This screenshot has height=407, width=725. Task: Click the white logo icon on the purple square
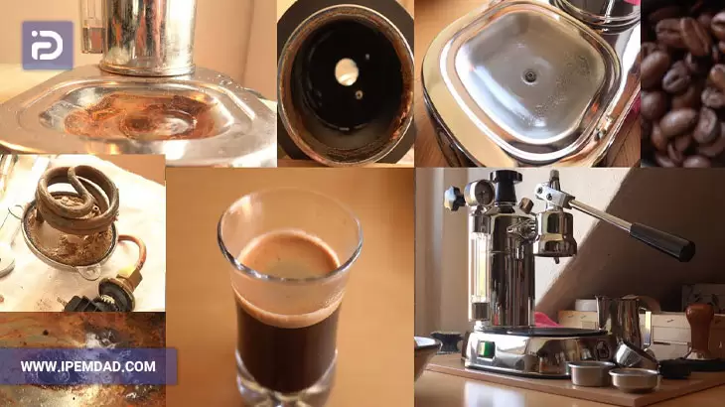47,45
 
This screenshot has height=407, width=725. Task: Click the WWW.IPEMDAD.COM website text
87,367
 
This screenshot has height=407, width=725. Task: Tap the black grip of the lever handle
661,241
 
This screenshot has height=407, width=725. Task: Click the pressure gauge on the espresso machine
480,192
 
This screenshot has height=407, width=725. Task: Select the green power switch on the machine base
484,348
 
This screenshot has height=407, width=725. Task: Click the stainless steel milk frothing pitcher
622,320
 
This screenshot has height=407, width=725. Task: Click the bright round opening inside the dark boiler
347,71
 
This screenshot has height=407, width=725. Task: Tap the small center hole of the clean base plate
530,76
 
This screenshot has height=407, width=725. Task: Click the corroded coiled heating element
77,198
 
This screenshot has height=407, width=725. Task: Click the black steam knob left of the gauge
454,199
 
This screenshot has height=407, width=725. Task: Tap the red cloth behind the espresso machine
546,320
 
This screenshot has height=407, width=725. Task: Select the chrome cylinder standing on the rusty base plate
147,37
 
